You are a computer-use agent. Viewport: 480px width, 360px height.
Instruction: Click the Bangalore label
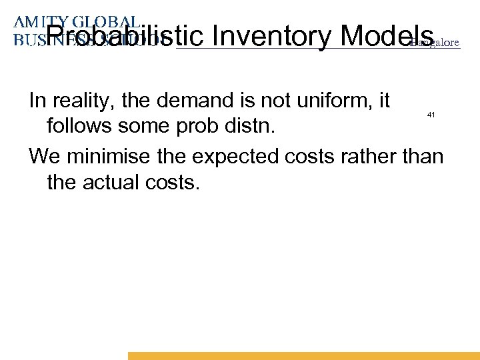[x=435, y=43]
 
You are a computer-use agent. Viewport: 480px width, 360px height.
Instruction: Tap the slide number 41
[x=431, y=115]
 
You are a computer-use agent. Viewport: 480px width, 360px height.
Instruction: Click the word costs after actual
[x=175, y=181]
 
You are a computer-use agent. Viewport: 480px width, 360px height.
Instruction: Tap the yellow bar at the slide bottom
[x=303, y=355]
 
